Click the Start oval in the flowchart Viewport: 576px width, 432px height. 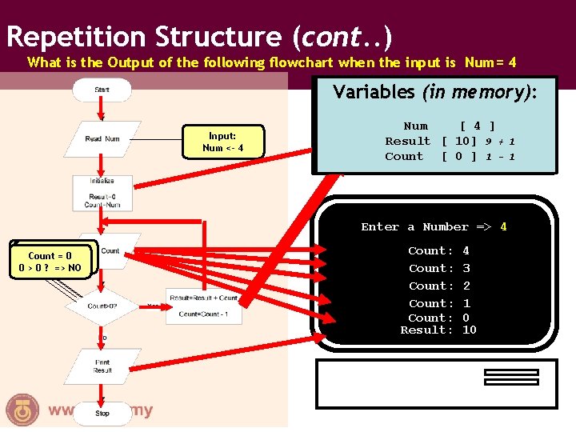point(102,90)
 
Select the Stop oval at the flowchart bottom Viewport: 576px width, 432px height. point(102,414)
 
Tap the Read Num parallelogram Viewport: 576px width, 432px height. point(102,138)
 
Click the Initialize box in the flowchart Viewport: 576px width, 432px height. point(102,193)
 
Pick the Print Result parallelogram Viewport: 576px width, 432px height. point(102,366)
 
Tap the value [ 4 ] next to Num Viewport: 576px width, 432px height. point(477,126)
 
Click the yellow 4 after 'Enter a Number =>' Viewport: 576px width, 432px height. point(503,226)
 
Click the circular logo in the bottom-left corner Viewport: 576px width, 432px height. point(20,410)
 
